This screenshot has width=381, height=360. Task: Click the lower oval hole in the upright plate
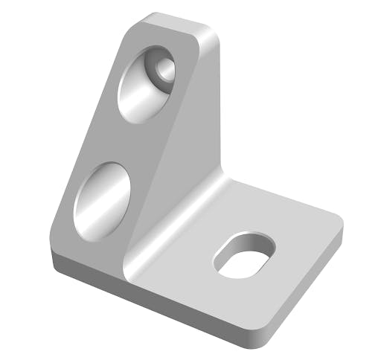click(x=102, y=199)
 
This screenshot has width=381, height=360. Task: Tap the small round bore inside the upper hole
click(x=164, y=71)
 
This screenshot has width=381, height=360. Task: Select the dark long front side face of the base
click(x=149, y=298)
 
